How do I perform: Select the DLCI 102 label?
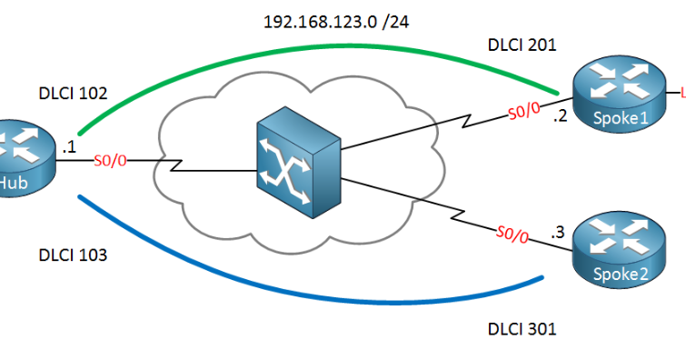73,93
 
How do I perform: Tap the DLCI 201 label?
522,44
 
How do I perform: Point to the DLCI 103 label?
73,255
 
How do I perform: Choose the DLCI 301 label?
522,328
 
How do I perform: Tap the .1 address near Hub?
69,145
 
